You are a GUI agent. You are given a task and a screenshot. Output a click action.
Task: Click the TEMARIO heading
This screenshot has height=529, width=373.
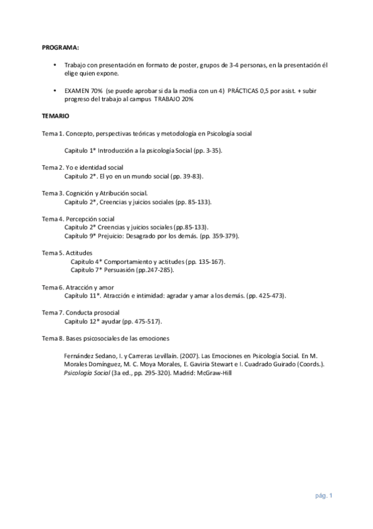click(x=55, y=117)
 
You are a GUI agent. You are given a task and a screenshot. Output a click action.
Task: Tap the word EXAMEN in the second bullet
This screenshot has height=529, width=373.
click(x=76, y=91)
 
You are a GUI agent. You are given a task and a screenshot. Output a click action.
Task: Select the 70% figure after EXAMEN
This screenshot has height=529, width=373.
click(x=96, y=91)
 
